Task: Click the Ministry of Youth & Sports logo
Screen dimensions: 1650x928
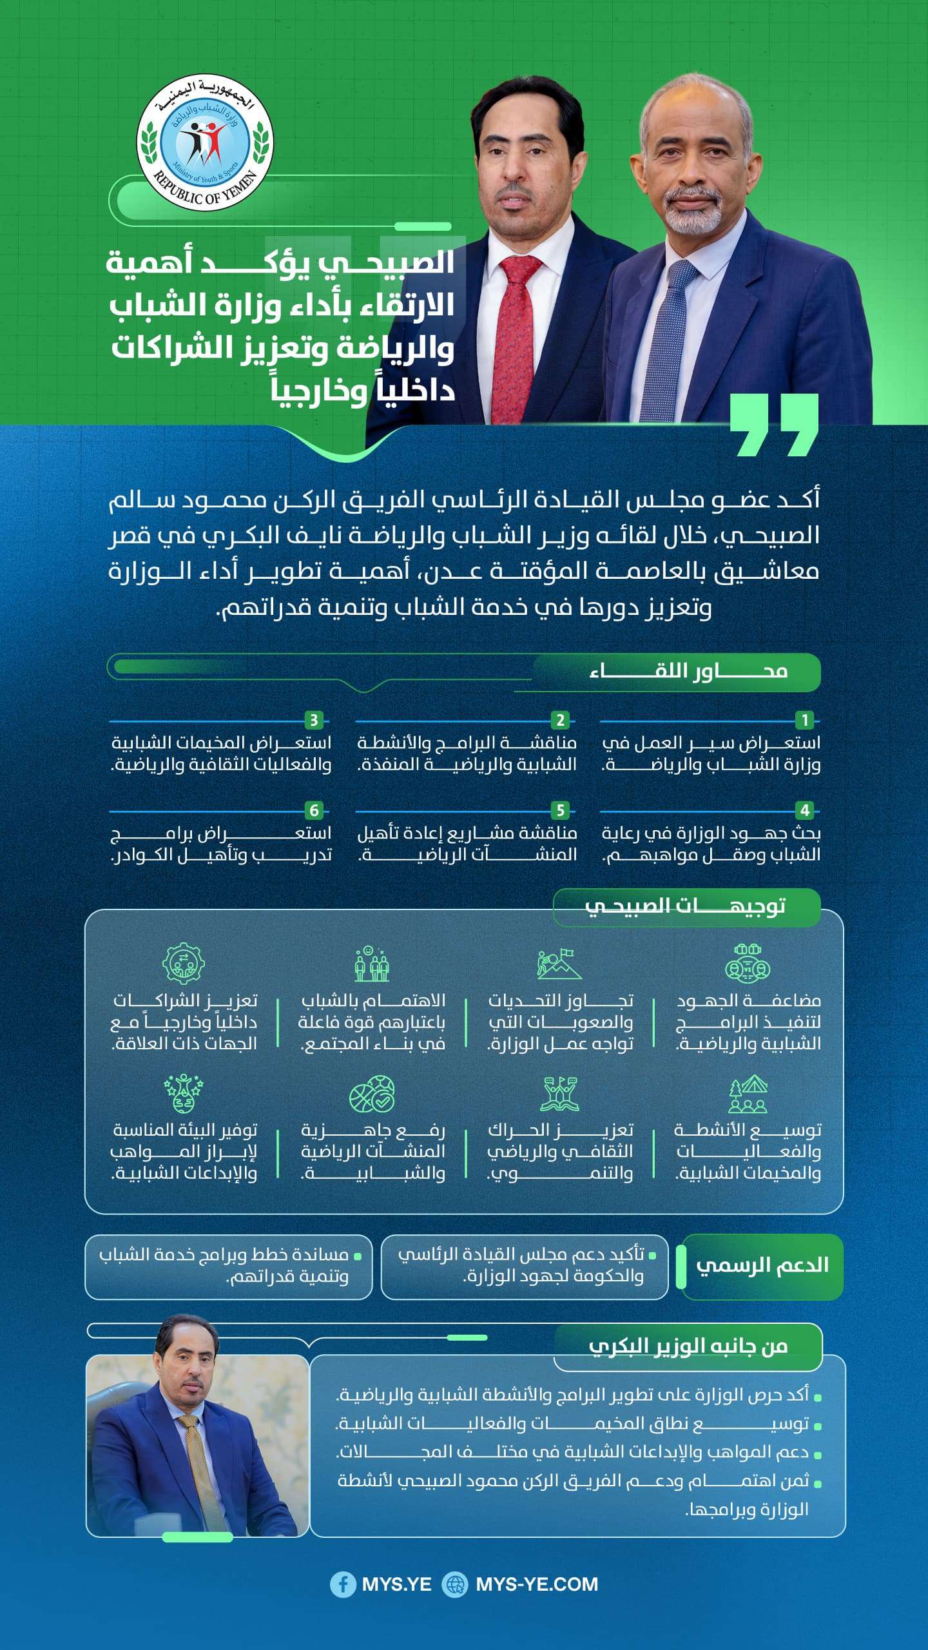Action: tap(205, 142)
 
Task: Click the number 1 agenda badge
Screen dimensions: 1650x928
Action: tap(804, 720)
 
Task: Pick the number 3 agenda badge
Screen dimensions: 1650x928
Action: tap(314, 720)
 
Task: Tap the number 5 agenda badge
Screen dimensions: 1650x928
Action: tap(560, 810)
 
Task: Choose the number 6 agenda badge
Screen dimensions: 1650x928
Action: tap(314, 810)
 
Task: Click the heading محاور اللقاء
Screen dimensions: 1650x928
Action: tap(688, 672)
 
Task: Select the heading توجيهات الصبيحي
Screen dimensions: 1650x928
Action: tap(685, 906)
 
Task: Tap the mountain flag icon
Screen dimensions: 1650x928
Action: tap(559, 964)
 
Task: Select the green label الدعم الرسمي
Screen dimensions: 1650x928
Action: tap(762, 1265)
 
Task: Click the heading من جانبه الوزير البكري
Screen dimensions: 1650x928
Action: tap(688, 1346)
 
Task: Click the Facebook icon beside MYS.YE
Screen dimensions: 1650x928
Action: tap(342, 1584)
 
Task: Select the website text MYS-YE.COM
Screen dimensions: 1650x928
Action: tap(537, 1584)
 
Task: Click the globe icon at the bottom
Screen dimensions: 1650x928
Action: tap(454, 1584)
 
